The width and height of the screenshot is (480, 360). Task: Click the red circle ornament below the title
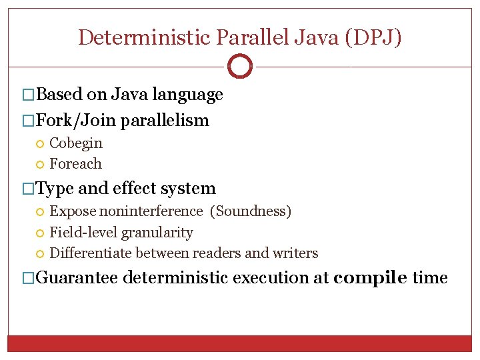point(240,67)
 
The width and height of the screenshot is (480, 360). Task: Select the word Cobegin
point(76,143)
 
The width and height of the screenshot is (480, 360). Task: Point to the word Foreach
point(76,163)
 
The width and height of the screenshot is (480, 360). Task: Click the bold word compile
point(370,277)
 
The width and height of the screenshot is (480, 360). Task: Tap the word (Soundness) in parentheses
point(251,211)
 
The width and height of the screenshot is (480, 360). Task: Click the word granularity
point(157,233)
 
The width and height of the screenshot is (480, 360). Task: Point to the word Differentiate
point(91,253)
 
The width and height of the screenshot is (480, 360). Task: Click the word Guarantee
point(77,277)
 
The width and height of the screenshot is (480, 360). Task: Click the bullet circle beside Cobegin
point(41,143)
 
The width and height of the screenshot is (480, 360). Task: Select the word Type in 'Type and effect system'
point(54,189)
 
